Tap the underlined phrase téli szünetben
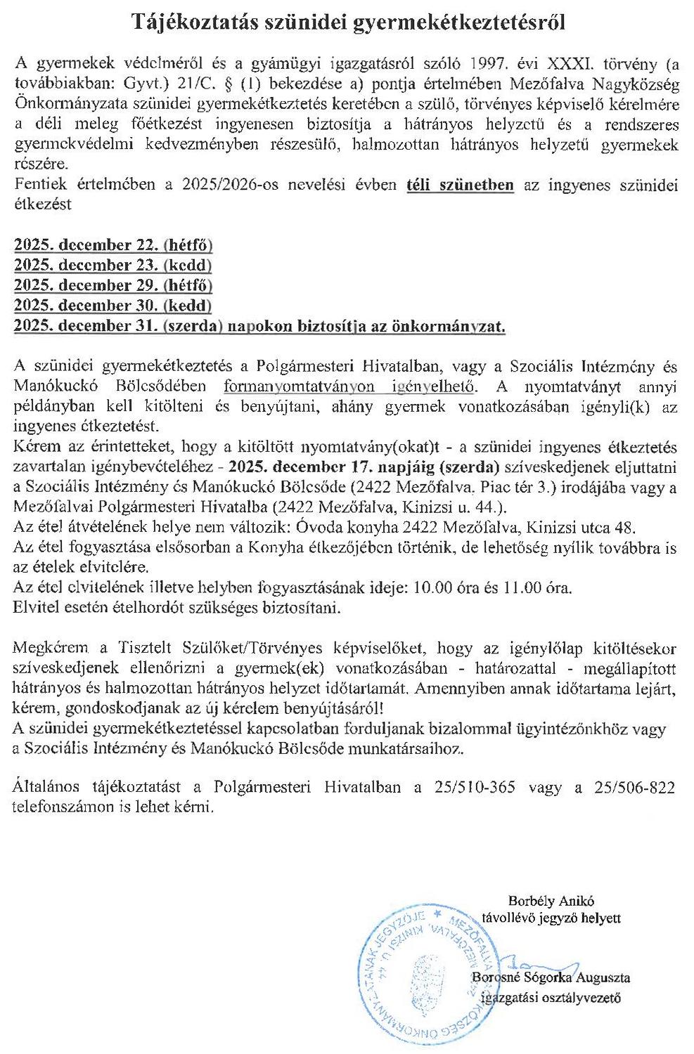[461, 186]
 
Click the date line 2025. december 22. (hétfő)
[113, 246]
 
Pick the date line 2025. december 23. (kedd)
[113, 266]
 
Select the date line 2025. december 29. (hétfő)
[113, 286]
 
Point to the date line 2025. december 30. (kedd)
[113, 306]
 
